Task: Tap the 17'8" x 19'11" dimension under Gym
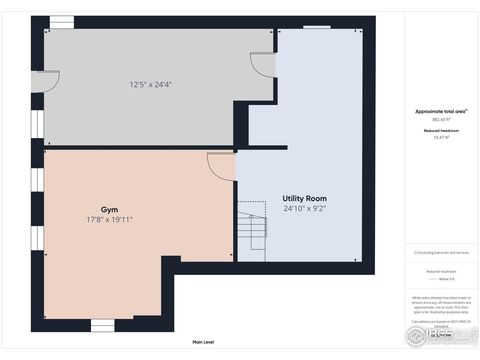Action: tap(110, 219)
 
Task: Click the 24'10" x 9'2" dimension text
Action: tap(304, 209)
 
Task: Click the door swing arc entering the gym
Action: tap(221, 165)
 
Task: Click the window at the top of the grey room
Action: tap(62, 21)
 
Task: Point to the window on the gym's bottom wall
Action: tap(103, 324)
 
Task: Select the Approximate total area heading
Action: tap(442, 111)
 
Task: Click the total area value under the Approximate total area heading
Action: tap(441, 119)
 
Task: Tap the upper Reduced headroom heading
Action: tap(441, 130)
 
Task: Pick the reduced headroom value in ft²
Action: tap(441, 137)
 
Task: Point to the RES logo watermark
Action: tap(440, 331)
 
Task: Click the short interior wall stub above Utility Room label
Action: tap(262, 148)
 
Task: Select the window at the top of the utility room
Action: tap(318, 25)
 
